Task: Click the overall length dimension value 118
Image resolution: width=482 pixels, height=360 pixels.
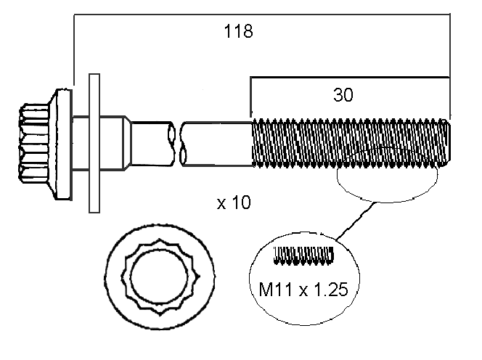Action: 238,31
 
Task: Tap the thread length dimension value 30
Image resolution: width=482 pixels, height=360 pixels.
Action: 343,95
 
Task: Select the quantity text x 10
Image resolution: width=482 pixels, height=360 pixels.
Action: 234,203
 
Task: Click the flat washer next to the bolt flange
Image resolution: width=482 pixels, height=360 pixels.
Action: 93,142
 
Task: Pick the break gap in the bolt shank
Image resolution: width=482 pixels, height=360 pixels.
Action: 179,142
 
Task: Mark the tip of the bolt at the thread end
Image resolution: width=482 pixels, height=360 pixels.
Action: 450,143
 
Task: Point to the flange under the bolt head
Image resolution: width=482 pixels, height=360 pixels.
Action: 64,143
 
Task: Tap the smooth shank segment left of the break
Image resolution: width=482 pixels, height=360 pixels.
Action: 151,142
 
